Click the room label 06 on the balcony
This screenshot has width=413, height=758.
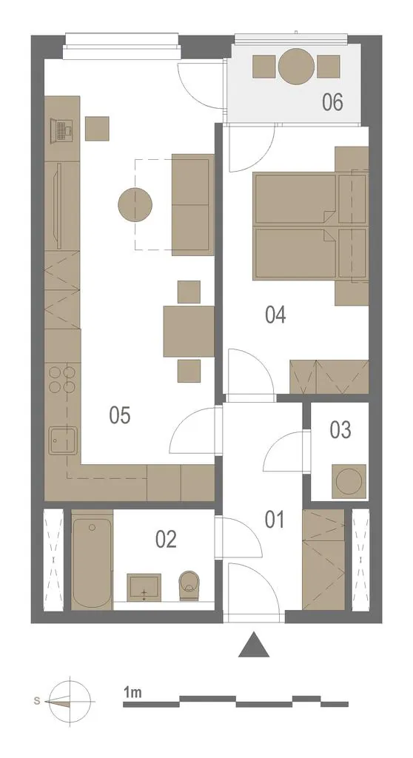click(333, 102)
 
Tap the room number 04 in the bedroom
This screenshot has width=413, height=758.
click(275, 315)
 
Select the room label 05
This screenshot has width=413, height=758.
click(119, 415)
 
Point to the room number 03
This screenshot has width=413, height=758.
click(340, 430)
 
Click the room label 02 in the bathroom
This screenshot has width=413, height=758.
click(166, 539)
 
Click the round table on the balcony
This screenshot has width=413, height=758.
click(297, 67)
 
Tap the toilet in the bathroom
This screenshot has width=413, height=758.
click(189, 586)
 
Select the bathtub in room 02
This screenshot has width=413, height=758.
click(92, 560)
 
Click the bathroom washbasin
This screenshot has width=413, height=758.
click(144, 586)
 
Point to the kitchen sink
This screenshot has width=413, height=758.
click(64, 441)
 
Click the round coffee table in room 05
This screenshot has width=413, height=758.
click(135, 205)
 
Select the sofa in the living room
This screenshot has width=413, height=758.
click(193, 204)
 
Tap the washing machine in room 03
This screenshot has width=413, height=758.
click(349, 481)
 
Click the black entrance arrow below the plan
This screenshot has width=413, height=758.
click(254, 645)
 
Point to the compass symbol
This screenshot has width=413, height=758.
click(70, 701)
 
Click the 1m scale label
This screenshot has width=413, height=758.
click(132, 693)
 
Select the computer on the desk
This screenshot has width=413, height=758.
click(62, 130)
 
